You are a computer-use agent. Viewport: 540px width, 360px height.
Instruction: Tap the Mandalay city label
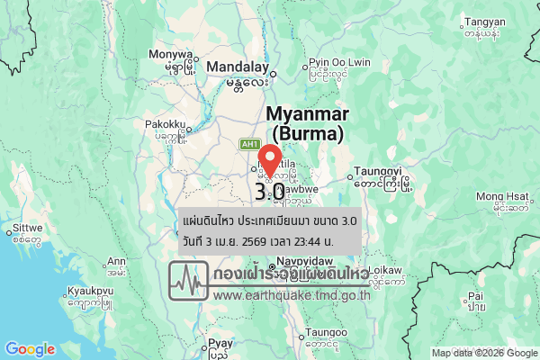click(238, 67)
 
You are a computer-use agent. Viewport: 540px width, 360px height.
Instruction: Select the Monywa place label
click(175, 53)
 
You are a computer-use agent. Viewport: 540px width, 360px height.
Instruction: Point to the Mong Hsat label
click(501, 196)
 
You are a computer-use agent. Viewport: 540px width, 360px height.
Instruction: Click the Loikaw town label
click(386, 269)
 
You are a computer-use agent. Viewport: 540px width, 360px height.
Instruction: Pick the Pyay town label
click(220, 343)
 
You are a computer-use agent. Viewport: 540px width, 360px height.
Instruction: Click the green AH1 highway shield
click(249, 144)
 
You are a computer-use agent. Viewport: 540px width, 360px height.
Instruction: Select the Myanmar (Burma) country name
click(306, 124)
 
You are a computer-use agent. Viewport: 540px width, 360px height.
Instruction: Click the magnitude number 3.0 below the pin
click(270, 192)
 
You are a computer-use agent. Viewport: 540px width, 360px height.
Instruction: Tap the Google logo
click(30, 349)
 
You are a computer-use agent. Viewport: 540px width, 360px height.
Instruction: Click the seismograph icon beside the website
click(189, 281)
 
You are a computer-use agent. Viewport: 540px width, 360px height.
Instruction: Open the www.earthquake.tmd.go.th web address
click(292, 294)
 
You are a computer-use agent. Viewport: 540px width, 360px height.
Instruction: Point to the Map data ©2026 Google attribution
click(484, 353)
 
